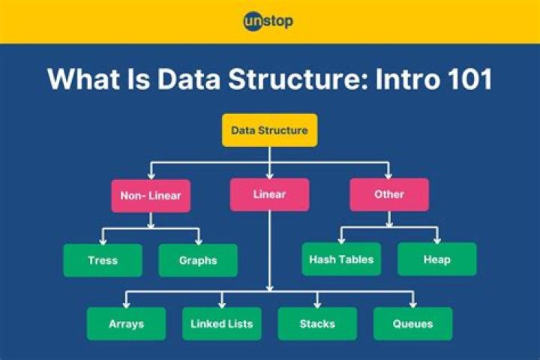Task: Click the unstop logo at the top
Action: pyautogui.click(x=268, y=21)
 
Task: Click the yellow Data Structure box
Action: pyautogui.click(x=269, y=130)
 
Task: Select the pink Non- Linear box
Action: pyautogui.click(x=151, y=195)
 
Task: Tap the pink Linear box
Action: pyautogui.click(x=269, y=194)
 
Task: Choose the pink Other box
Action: pyautogui.click(x=389, y=194)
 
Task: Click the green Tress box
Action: pyautogui.click(x=103, y=260)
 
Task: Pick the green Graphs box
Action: pyautogui.click(x=198, y=260)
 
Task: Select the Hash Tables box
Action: pyautogui.click(x=341, y=259)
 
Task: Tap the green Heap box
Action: pyautogui.click(x=436, y=259)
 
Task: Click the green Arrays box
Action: pyautogui.click(x=126, y=324)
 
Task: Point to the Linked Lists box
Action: pyautogui.click(x=222, y=324)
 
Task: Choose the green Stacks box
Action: pyautogui.click(x=317, y=324)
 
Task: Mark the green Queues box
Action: pyautogui.click(x=413, y=324)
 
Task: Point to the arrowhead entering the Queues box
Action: pyautogui.click(x=413, y=304)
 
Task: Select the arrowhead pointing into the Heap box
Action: pyautogui.click(x=436, y=239)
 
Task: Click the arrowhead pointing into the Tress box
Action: pyautogui.click(x=103, y=240)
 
